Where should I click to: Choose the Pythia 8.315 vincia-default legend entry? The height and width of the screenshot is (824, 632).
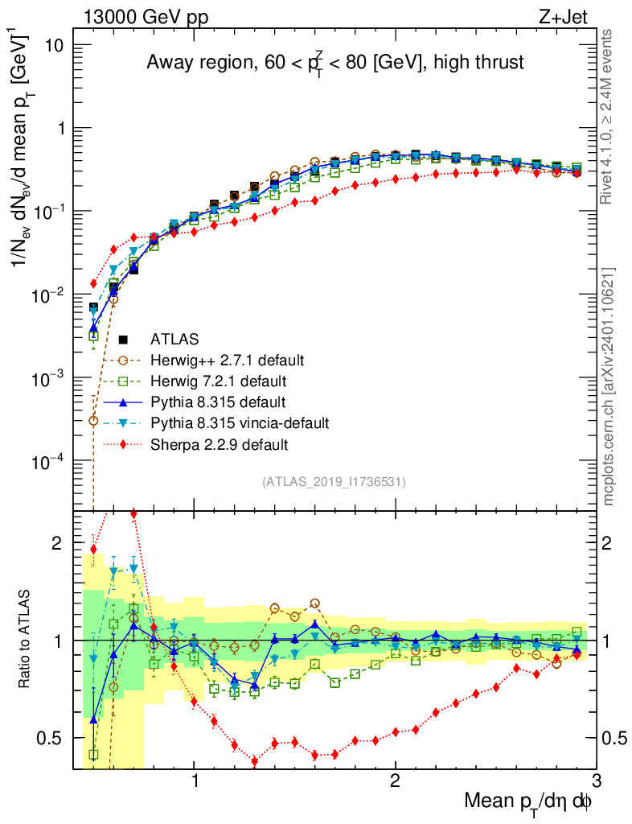(240, 422)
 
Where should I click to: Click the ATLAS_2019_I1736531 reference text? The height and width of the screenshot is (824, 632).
(334, 482)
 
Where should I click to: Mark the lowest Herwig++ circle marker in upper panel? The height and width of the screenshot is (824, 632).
(93, 421)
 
